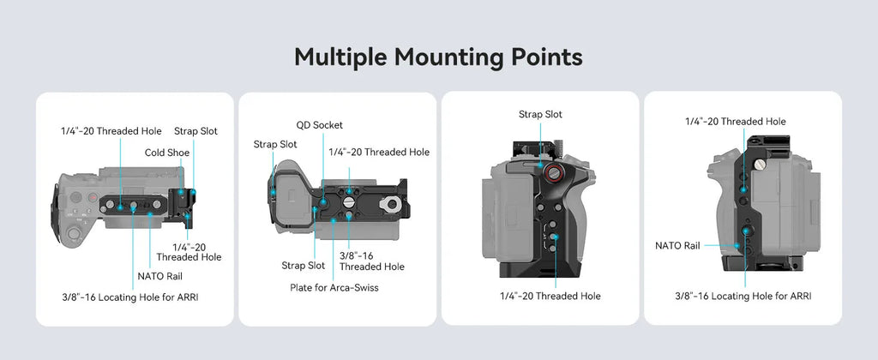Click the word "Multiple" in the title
[341, 57]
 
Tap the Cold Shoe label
[167, 153]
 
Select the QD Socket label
[320, 125]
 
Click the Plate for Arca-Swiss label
[334, 288]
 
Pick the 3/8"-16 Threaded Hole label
[372, 261]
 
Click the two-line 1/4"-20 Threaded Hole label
[189, 252]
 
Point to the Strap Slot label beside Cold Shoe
[196, 131]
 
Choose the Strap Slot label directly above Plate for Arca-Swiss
[303, 266]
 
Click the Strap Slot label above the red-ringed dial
[540, 114]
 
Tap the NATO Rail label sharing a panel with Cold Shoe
[160, 276]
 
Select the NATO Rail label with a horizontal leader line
[677, 245]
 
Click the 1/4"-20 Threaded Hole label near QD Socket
[379, 153]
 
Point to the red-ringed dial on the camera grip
[554, 173]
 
